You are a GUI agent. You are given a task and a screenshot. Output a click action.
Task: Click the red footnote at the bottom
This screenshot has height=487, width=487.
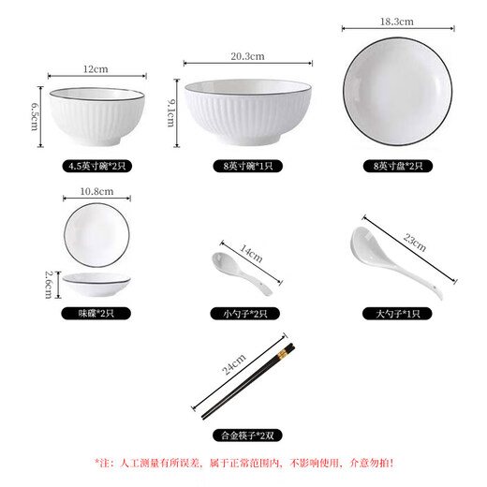(243, 462)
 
